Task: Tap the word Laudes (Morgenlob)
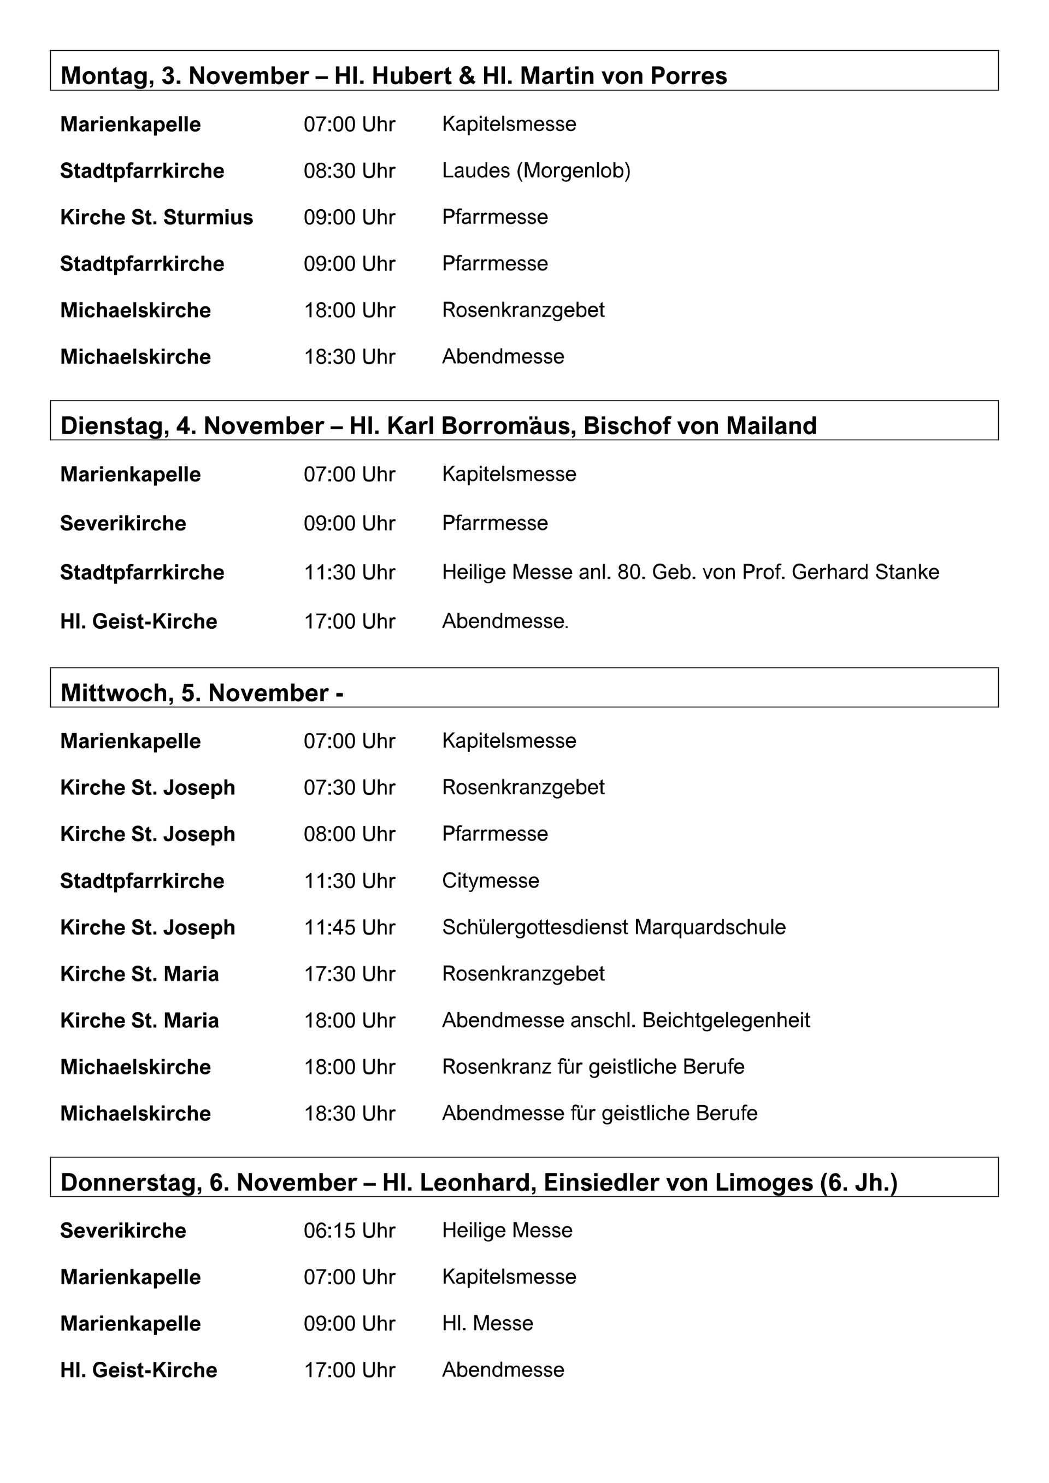tap(536, 170)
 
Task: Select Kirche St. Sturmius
tap(156, 217)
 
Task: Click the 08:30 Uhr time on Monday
tap(350, 170)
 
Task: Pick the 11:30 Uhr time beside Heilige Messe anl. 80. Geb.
tap(350, 572)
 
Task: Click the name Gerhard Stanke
tap(865, 572)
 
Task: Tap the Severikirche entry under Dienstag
tap(123, 523)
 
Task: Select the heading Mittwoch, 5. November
tap(202, 693)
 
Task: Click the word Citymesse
tap(490, 881)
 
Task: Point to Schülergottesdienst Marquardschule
tap(614, 927)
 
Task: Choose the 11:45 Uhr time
tap(350, 927)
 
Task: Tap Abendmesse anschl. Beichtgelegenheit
tap(625, 1020)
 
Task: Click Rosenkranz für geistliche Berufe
tap(593, 1066)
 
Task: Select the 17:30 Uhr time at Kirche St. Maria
tap(350, 973)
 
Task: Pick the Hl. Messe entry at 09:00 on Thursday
tap(488, 1323)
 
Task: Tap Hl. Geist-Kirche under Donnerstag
tap(138, 1369)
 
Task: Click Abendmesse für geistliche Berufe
tap(599, 1113)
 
